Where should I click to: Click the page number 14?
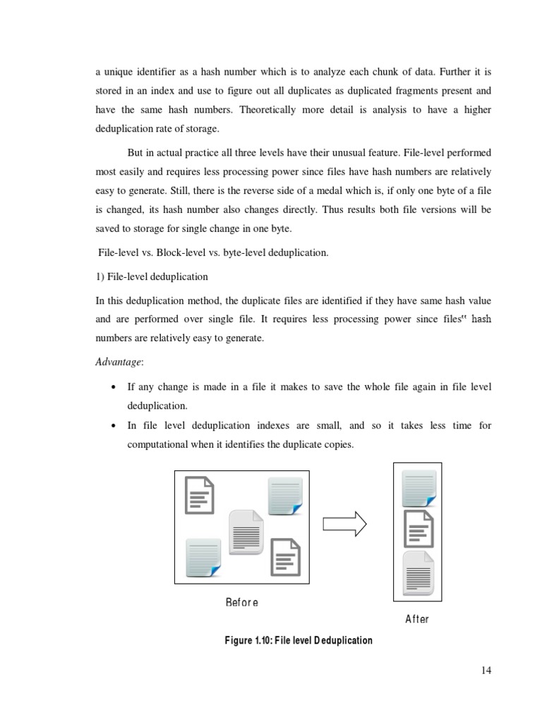pos(486,671)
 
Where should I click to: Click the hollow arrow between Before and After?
pos(344,523)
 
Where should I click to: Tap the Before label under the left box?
pos(241,602)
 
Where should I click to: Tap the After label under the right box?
pos(416,619)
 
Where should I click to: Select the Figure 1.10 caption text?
pos(298,641)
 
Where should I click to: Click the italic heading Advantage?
pos(119,362)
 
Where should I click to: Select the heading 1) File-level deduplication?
pos(152,276)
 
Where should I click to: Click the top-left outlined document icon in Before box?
pos(200,494)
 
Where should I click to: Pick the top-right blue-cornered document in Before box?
pos(285,496)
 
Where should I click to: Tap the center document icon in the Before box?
pos(246,531)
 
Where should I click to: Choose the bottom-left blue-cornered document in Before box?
pos(203,556)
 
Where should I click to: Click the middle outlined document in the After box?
pos(417,529)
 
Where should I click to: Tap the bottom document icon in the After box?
pos(417,573)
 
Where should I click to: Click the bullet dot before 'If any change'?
pos(114,388)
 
